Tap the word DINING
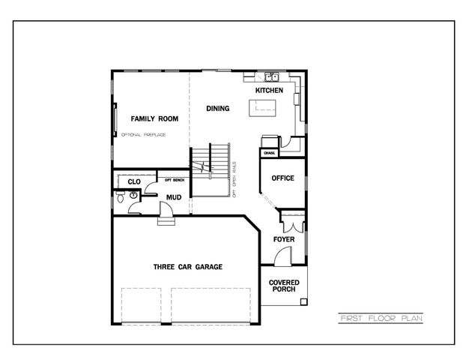click(x=217, y=109)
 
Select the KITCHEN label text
click(x=269, y=91)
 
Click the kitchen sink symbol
click(x=270, y=76)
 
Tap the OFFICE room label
click(x=282, y=178)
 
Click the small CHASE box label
click(x=269, y=153)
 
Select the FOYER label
click(x=283, y=239)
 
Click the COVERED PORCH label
click(x=284, y=286)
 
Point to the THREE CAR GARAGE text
click(x=187, y=266)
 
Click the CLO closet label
click(x=134, y=181)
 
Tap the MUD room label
click(x=173, y=198)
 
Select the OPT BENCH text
click(x=174, y=181)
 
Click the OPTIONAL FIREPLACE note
click(x=143, y=135)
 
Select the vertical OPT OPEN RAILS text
click(x=234, y=178)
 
